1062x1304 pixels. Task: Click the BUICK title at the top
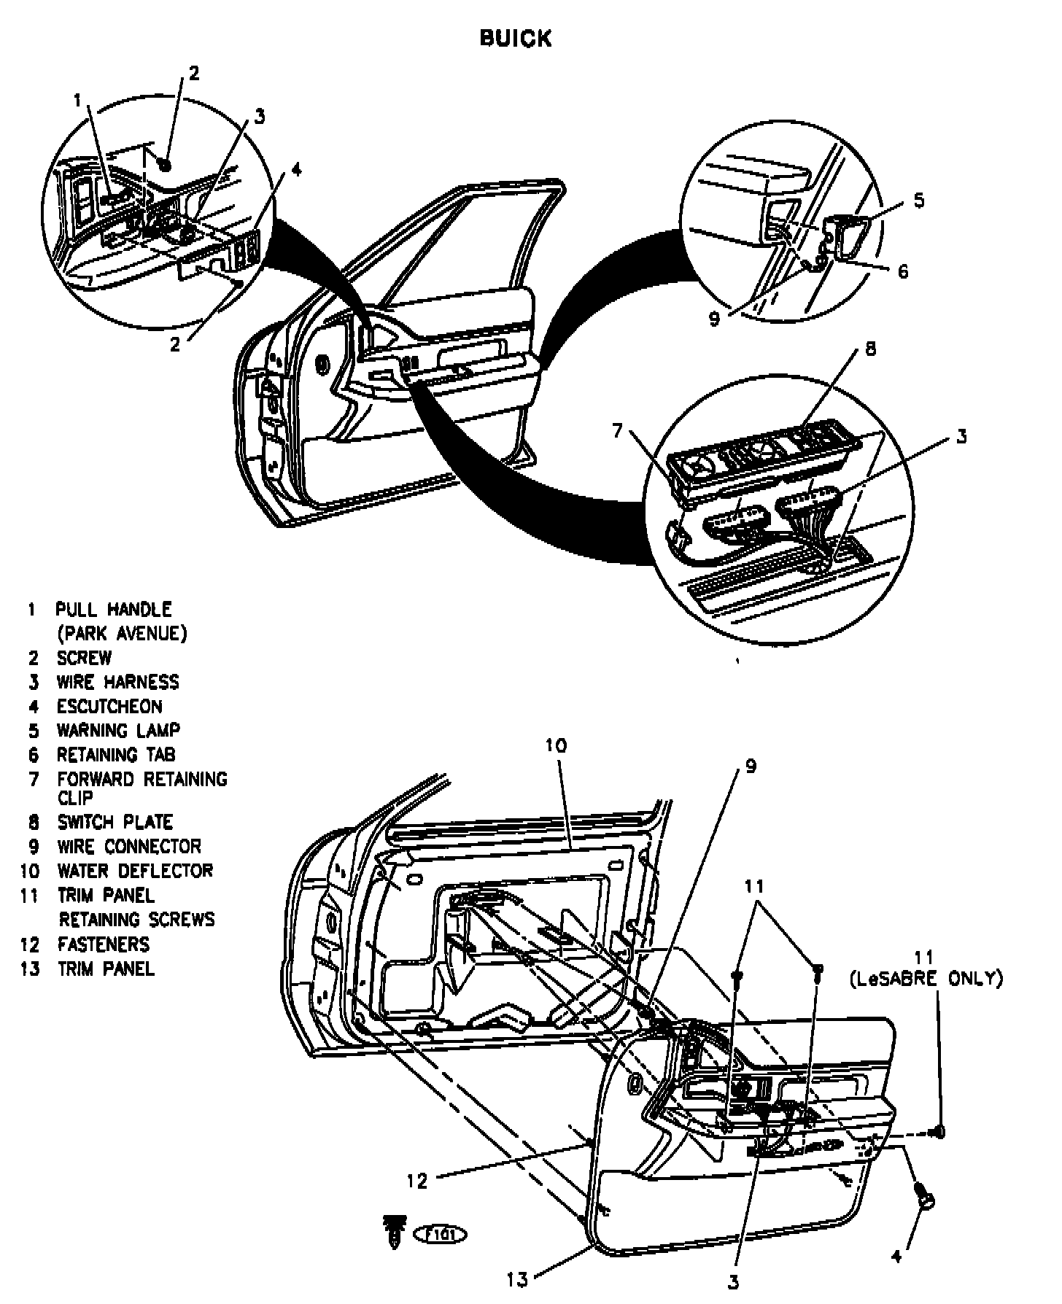[515, 38]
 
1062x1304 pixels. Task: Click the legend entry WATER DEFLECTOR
[135, 871]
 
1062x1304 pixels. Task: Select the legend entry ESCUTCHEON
[109, 706]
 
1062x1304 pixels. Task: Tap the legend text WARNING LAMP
[118, 730]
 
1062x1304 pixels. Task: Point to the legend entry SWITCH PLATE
[115, 822]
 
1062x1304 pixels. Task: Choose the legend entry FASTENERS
[103, 944]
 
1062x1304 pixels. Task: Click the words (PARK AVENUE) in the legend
[122, 633]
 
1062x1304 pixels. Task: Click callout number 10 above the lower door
[555, 745]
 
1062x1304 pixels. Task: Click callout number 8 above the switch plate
[869, 349]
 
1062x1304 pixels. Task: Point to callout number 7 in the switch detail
[618, 431]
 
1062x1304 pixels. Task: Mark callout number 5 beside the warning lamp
[918, 200]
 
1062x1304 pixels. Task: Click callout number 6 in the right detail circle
[903, 271]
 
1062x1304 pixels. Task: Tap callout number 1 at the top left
[78, 101]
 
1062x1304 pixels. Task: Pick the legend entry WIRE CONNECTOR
[128, 847]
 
